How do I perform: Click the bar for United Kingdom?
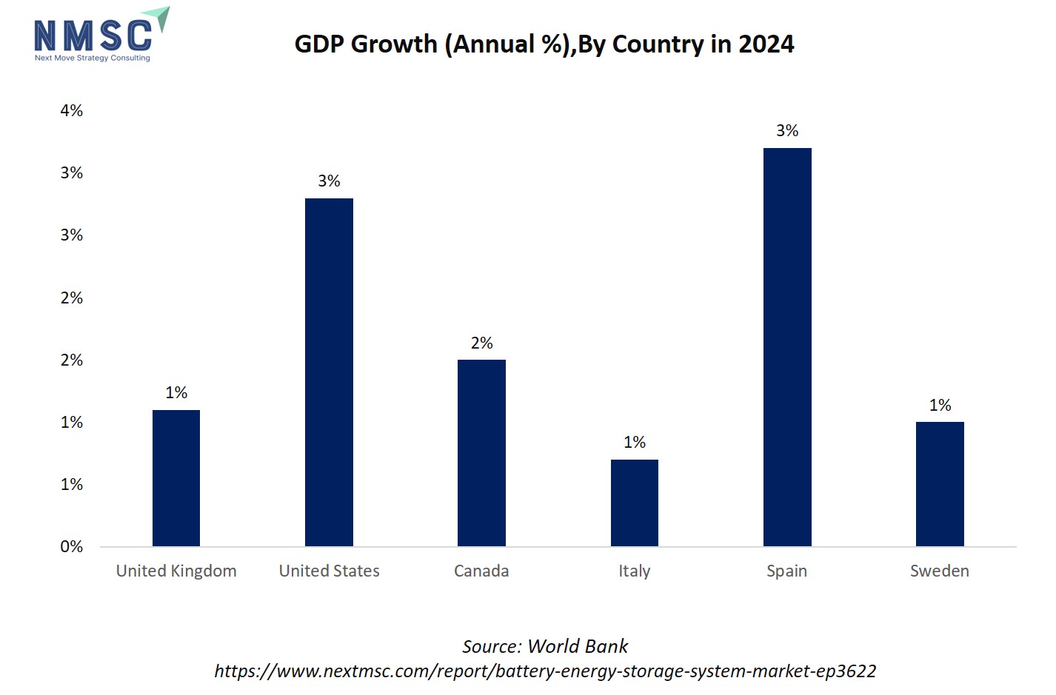pos(176,478)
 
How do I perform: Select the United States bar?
pos(329,372)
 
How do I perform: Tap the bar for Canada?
pos(481,453)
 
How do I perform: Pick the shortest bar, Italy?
pos(635,503)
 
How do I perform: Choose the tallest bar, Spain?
pos(787,347)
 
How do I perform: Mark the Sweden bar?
pos(940,484)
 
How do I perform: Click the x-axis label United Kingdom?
pos(176,571)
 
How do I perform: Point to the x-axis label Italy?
pos(635,571)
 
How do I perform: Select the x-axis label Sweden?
pos(940,571)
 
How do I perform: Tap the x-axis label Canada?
pos(481,571)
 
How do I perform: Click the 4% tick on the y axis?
pos(72,111)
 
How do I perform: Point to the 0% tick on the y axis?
pos(72,547)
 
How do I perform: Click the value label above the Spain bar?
pos(787,131)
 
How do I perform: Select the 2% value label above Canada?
pos(481,343)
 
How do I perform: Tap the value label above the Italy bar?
pos(635,443)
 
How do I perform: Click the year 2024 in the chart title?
pos(766,44)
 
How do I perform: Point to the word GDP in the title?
pos(319,44)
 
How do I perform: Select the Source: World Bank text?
pos(545,646)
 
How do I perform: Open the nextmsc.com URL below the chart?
pos(545,671)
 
